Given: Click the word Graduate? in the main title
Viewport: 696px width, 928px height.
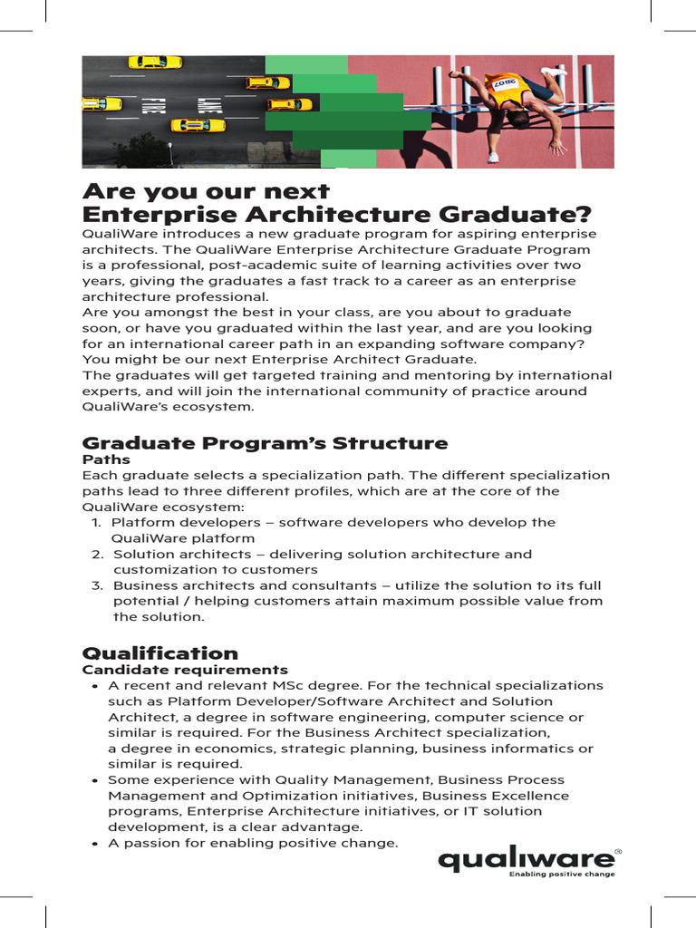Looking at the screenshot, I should [x=525, y=215].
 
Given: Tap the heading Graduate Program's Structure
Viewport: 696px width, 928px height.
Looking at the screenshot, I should [x=265, y=443].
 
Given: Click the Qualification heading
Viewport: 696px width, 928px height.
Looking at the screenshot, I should [x=159, y=653].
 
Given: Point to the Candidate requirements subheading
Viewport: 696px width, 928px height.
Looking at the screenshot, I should [x=185, y=670].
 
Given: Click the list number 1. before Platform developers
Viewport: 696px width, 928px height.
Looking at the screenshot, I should [x=96, y=523].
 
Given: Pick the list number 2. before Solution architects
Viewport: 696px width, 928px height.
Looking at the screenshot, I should [x=97, y=554].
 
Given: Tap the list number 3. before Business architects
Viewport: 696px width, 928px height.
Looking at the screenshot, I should [x=97, y=585].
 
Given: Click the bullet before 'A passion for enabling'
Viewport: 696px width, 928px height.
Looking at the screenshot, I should [x=95, y=844].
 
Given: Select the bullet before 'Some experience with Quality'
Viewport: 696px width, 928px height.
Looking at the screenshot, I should [x=95, y=780].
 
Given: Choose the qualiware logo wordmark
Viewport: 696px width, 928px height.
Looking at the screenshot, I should [x=524, y=858].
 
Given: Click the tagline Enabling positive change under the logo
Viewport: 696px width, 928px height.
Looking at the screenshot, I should [x=561, y=875].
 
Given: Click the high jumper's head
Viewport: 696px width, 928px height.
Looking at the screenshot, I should [x=517, y=118].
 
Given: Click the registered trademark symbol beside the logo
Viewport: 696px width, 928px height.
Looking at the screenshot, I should [x=618, y=852].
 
